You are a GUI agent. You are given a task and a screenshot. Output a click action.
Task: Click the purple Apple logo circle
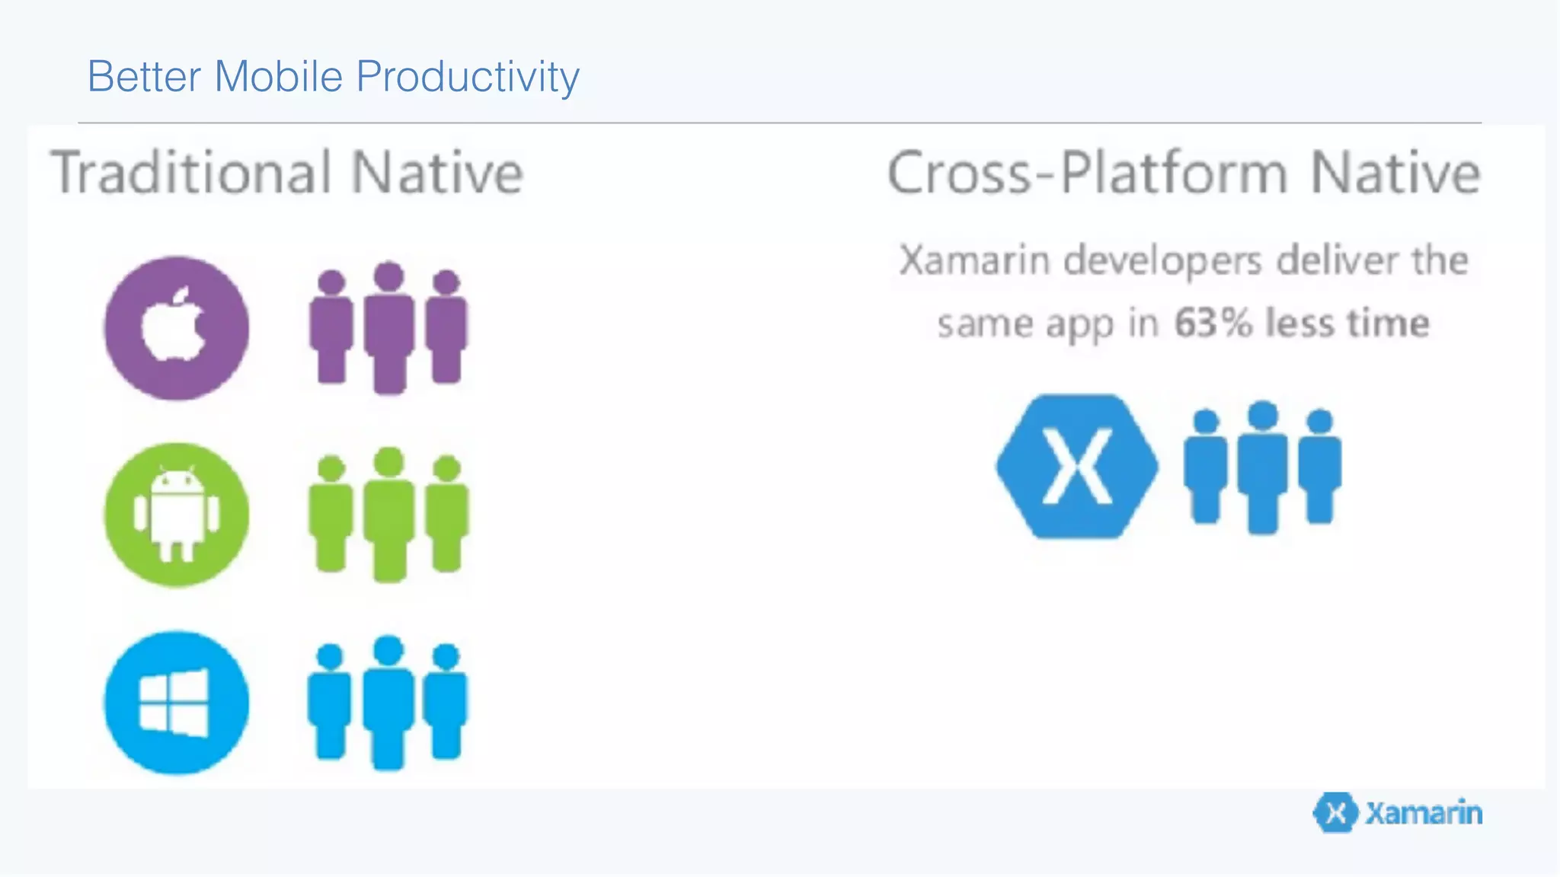176,328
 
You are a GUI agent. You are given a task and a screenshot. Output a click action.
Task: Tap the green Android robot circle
176,515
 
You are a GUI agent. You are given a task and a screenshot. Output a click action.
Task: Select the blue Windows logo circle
176,703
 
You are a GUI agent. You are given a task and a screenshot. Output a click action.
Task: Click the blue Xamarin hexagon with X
1077,466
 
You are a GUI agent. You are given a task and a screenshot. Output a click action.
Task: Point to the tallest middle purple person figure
389,327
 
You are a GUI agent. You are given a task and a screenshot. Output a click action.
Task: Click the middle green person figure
389,515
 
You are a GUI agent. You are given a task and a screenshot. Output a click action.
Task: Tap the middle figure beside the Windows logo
388,702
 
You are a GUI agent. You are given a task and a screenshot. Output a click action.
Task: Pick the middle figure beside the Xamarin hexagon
1263,467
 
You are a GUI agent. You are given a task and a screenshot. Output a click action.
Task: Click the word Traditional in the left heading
191,173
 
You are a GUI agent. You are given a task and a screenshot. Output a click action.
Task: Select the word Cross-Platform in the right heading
1087,173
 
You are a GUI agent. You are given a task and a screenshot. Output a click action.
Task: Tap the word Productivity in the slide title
468,77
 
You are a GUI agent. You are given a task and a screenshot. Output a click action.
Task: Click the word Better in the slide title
144,77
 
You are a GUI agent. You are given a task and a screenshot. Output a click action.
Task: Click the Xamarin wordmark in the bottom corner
1423,813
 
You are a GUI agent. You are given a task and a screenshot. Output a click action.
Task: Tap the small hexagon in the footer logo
1335,813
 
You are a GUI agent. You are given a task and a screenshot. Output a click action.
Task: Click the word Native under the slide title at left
437,173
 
